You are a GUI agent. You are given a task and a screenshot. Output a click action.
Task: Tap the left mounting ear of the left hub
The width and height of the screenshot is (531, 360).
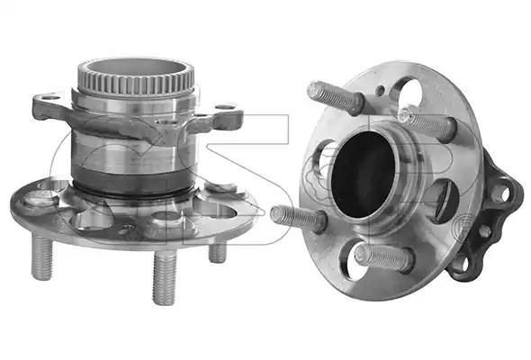coord(50,107)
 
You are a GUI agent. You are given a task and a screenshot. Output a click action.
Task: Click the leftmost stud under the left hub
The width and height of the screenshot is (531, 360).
coord(42,256)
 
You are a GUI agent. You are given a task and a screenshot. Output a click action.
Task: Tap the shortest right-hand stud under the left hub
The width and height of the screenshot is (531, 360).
coord(218,253)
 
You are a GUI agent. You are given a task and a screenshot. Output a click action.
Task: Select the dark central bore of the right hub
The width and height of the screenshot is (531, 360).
coord(363,175)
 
